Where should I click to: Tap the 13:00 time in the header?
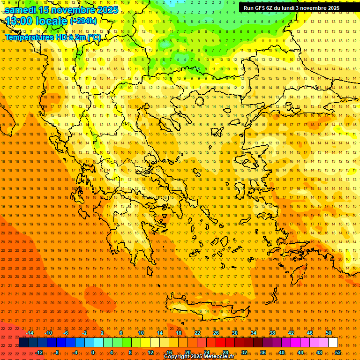[x=19, y=21]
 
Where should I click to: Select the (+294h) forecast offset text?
[x=83, y=21]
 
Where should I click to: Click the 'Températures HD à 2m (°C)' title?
[x=52, y=37]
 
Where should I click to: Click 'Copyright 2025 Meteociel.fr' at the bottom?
[x=199, y=357]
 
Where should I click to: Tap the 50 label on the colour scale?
[x=329, y=333]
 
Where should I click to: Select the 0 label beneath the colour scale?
[x=93, y=352]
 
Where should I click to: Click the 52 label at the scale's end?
[x=338, y=352]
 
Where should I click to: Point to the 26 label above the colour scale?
[x=216, y=333]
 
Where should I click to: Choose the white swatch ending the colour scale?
[x=333, y=343]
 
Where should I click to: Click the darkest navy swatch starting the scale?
[x=23, y=343]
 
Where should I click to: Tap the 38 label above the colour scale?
[x=272, y=333]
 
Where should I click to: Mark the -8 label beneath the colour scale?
[x=56, y=352]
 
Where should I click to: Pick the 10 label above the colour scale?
[x=141, y=333]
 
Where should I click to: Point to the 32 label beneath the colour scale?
[x=244, y=352]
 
